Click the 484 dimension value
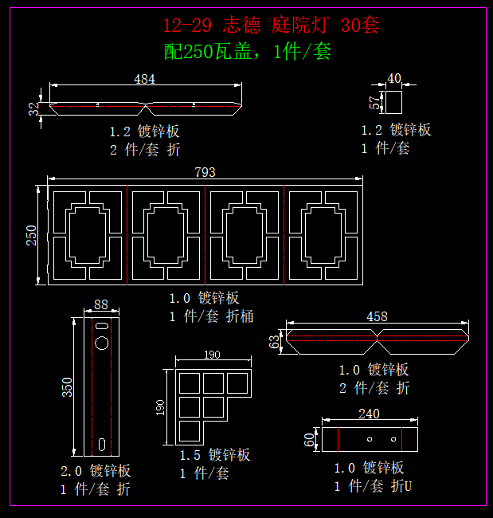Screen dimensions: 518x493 [144, 79]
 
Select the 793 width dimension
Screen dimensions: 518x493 [205, 172]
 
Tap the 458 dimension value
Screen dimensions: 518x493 [377, 316]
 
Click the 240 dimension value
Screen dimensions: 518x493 [370, 414]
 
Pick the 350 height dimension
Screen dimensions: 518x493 [68, 387]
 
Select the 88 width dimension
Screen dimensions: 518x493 [101, 304]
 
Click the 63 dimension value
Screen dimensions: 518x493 [276, 342]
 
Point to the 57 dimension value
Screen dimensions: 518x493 [374, 103]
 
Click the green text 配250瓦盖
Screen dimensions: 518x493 [209, 53]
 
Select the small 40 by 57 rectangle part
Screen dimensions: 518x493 [393, 103]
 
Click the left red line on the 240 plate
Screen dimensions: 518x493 [338, 439]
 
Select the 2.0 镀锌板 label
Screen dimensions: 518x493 [96, 471]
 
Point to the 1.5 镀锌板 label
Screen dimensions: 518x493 [215, 455]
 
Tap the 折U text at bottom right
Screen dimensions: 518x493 [401, 486]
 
